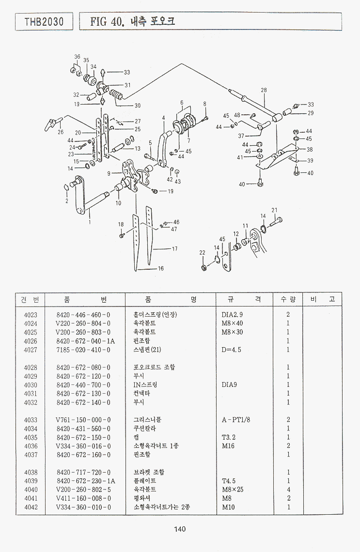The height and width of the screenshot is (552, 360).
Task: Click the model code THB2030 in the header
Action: point(44,22)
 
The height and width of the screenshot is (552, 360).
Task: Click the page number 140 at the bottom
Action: point(180,529)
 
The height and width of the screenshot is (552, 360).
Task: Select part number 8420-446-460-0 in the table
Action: point(83,315)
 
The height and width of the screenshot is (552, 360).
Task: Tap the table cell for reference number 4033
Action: point(31,420)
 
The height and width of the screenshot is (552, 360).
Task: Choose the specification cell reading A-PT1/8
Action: point(236,420)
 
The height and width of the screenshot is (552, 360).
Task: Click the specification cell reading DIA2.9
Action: point(232,315)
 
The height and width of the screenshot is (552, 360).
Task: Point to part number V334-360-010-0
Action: point(83,507)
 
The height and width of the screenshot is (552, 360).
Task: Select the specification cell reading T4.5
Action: point(229,481)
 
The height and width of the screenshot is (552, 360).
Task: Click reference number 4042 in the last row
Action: point(31,507)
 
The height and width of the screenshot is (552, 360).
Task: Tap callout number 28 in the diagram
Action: point(264,90)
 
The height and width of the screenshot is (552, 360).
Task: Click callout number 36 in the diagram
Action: point(77,57)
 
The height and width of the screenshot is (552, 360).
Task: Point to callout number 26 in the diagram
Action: point(61,132)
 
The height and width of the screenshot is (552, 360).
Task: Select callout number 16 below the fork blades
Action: point(160,268)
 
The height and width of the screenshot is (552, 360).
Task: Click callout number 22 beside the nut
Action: point(203,253)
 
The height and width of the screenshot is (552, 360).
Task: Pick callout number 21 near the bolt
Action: point(274,210)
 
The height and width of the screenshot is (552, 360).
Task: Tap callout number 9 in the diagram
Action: point(110,173)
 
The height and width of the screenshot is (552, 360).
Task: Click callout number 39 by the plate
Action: point(310,161)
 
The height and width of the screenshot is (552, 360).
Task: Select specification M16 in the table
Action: point(228,446)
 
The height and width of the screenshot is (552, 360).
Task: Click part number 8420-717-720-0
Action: point(83,472)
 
